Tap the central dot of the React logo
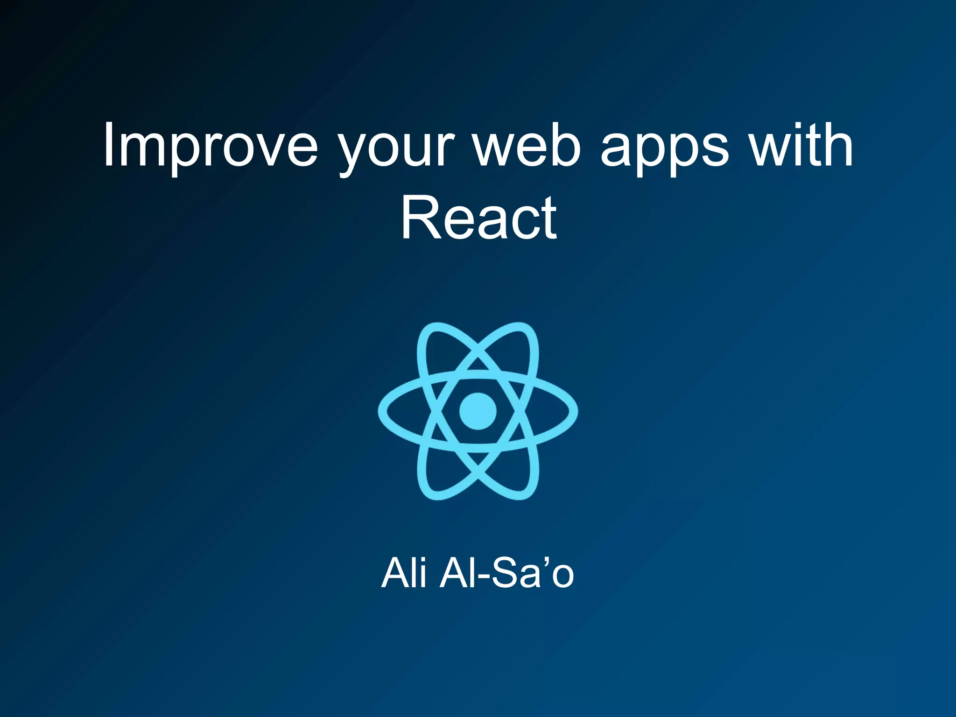click(478, 411)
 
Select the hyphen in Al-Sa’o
click(484, 577)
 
